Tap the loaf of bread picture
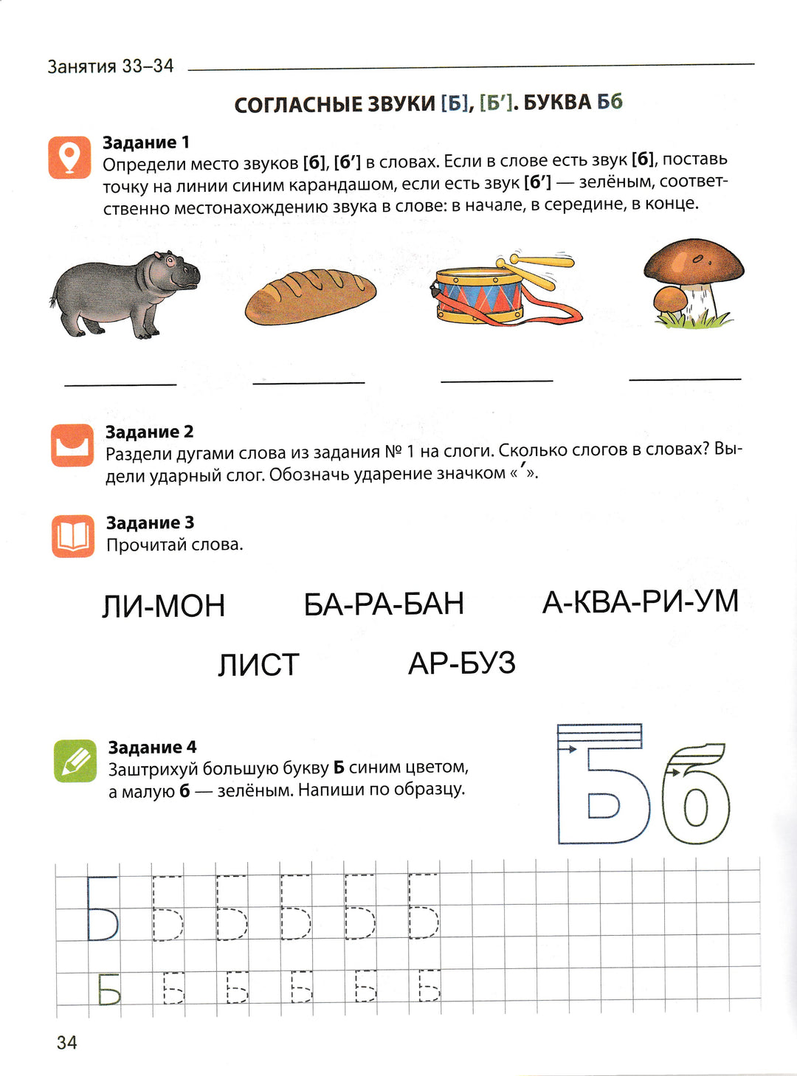pyautogui.click(x=310, y=296)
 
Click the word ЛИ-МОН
pyautogui.click(x=163, y=606)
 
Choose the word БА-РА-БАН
pyautogui.click(x=384, y=604)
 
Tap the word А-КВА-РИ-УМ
pyautogui.click(x=640, y=602)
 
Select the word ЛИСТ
pyautogui.click(x=258, y=665)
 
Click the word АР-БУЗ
pyautogui.click(x=462, y=663)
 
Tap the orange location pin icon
pyautogui.click(x=69, y=157)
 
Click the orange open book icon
pyautogui.click(x=72, y=536)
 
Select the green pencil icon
pyautogui.click(x=75, y=761)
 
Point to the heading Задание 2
pyautogui.click(x=149, y=432)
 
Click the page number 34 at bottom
pyautogui.click(x=66, y=1042)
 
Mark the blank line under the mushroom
pyautogui.click(x=685, y=379)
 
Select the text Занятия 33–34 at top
pyautogui.click(x=111, y=66)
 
